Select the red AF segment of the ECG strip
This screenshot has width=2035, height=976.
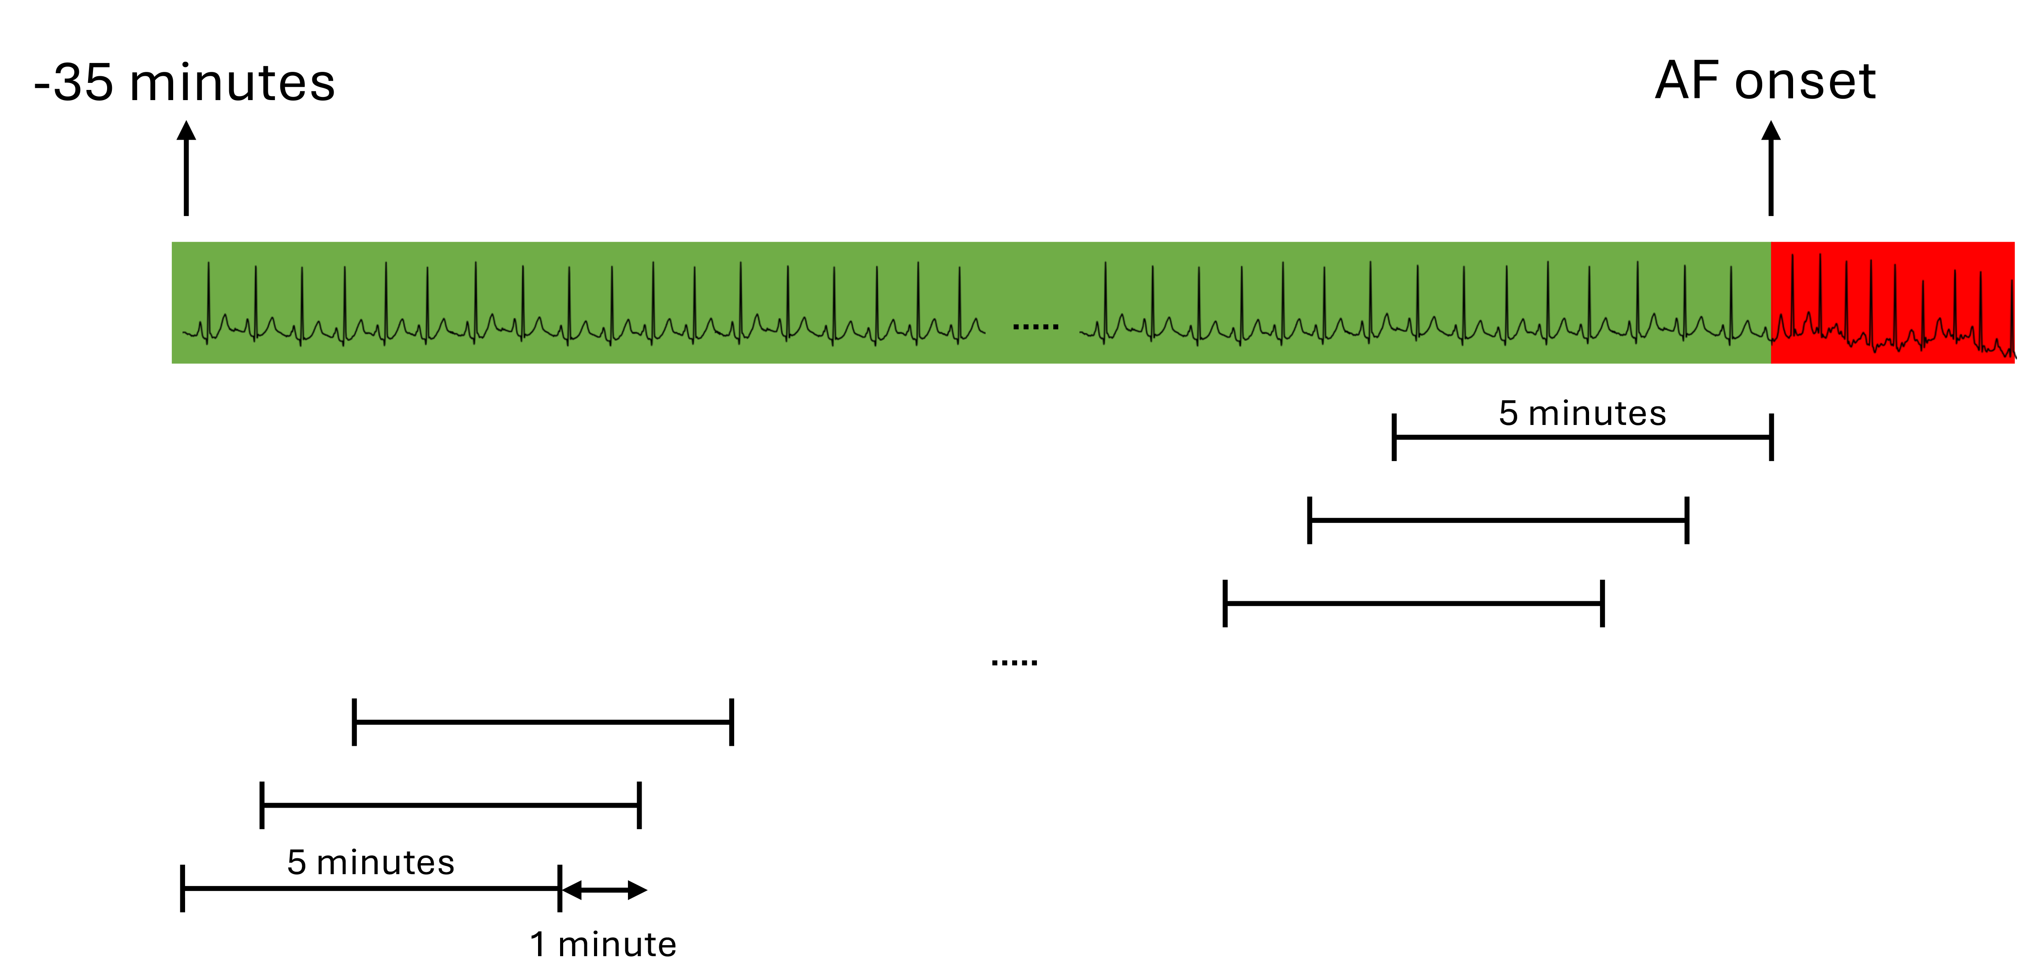pos(1892,303)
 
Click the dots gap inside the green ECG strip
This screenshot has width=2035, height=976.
pos(1036,326)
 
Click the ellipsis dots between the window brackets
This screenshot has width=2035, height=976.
pos(1014,662)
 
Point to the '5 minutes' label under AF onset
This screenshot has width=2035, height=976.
pos(1582,413)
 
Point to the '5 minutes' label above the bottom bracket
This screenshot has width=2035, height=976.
pos(371,862)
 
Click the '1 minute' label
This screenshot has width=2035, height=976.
pos(603,944)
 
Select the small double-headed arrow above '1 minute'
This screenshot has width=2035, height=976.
pos(604,890)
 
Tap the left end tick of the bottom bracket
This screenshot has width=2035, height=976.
pos(182,888)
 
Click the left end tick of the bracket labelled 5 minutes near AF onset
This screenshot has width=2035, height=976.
pos(1394,437)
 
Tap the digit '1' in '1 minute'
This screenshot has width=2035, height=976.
pos(538,944)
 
